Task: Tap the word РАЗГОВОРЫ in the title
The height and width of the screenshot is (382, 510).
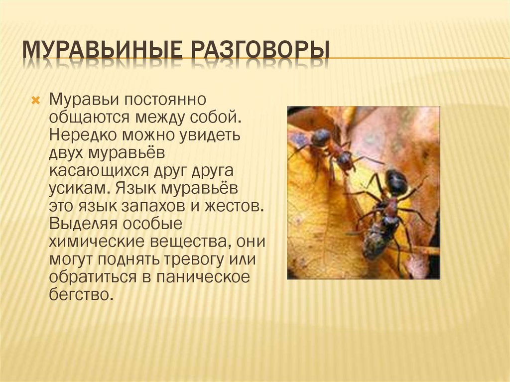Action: pos(260,49)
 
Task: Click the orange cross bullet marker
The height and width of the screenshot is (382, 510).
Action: pos(35,100)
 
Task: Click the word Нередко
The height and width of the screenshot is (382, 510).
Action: pos(83,134)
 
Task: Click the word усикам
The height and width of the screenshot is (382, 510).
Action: pos(78,188)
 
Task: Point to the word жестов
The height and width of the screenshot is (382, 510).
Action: pos(234,206)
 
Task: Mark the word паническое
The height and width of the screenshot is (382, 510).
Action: pos(203,277)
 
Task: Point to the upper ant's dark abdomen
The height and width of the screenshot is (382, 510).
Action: pos(321,138)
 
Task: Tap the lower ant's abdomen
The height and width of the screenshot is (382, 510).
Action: pos(396,183)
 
